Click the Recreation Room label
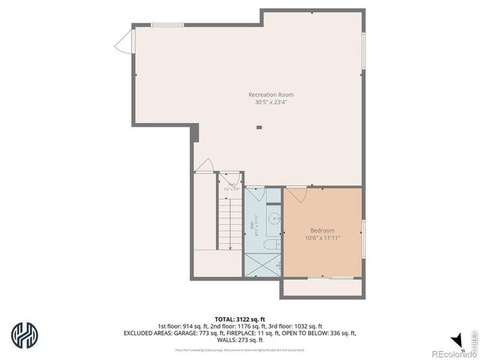point(271,94)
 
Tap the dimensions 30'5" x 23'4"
point(271,102)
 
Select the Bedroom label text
point(322,230)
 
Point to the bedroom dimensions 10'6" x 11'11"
point(322,238)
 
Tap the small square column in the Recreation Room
point(259,127)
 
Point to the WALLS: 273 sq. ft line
point(239,340)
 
